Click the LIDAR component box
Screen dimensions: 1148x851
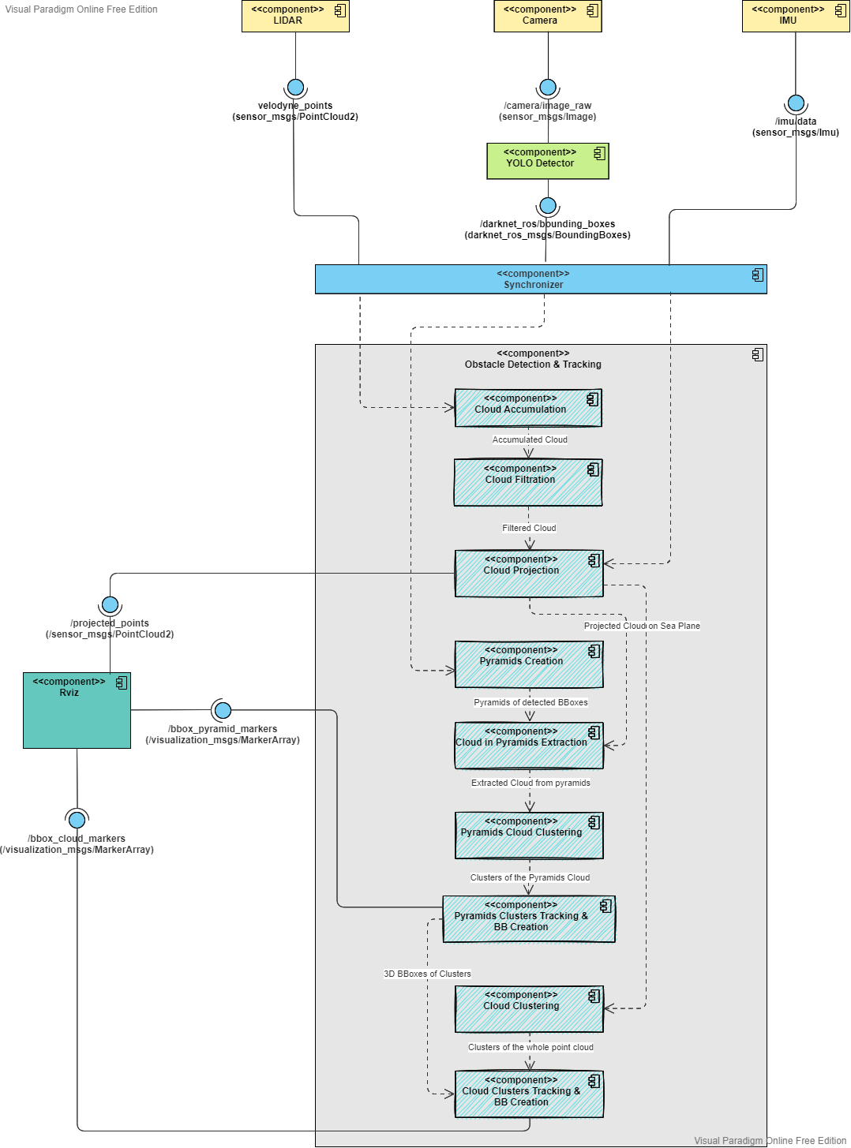295,16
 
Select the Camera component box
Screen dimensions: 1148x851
547,16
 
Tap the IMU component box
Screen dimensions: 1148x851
795,16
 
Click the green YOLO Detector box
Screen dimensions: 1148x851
547,161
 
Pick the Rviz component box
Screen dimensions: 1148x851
77,710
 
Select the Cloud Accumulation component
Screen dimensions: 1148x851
528,408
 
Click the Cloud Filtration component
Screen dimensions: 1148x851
528,482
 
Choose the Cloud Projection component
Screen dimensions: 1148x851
528,574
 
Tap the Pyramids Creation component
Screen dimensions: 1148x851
528,664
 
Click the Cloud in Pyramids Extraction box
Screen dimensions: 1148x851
528,746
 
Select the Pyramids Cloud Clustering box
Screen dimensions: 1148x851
528,836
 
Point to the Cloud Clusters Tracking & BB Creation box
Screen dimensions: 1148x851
528,1094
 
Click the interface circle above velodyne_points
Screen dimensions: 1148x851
295,87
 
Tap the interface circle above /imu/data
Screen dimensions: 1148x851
796,103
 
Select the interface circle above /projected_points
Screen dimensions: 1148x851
110,604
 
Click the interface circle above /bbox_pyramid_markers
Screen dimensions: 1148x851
223,710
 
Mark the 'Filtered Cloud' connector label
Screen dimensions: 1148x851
529,528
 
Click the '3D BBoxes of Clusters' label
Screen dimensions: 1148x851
427,974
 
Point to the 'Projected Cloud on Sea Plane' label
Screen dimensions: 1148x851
642,626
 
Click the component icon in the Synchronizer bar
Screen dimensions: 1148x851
757,275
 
